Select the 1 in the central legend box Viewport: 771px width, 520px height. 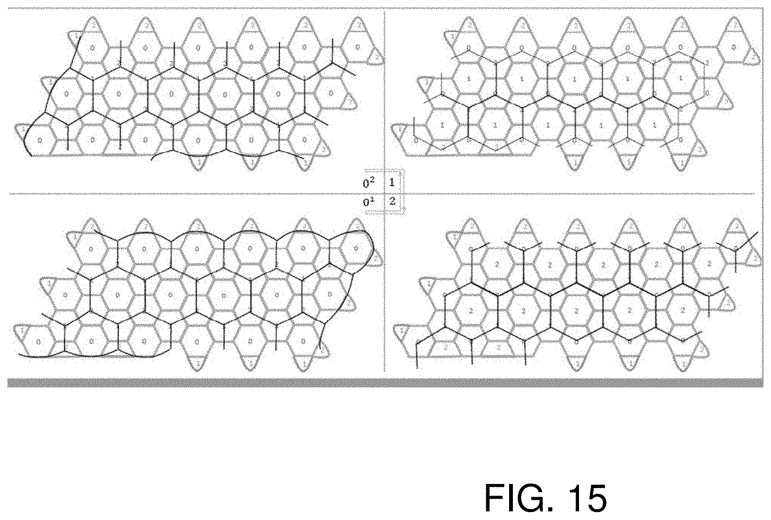click(x=392, y=183)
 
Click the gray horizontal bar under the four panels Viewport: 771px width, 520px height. click(x=385, y=382)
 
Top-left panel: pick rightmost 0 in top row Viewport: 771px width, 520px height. click(x=357, y=47)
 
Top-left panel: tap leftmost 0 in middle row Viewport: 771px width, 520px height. click(x=66, y=94)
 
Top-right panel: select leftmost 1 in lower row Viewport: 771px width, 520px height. click(x=442, y=125)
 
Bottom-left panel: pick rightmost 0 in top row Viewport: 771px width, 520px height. click(x=356, y=248)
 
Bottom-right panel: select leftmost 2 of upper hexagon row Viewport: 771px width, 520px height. click(x=497, y=265)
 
